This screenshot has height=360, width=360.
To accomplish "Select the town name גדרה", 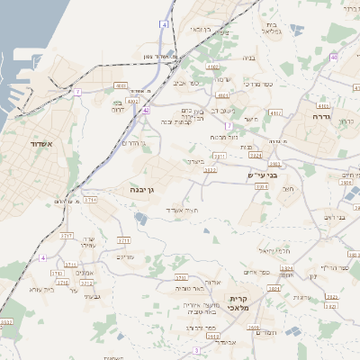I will click(x=322, y=117).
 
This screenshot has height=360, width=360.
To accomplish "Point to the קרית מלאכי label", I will click(x=238, y=303).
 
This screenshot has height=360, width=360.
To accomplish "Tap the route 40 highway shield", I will click(x=334, y=58).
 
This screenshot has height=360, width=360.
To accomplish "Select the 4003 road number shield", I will click(x=121, y=85).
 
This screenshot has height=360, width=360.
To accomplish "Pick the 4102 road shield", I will click(x=212, y=67).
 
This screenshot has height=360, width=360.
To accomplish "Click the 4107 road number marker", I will click(x=274, y=112).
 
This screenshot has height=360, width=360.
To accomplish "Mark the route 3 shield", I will click(x=195, y=348).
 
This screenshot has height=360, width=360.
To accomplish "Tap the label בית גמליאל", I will click(x=272, y=28).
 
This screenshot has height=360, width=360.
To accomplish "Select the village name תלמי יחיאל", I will click(x=274, y=249).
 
